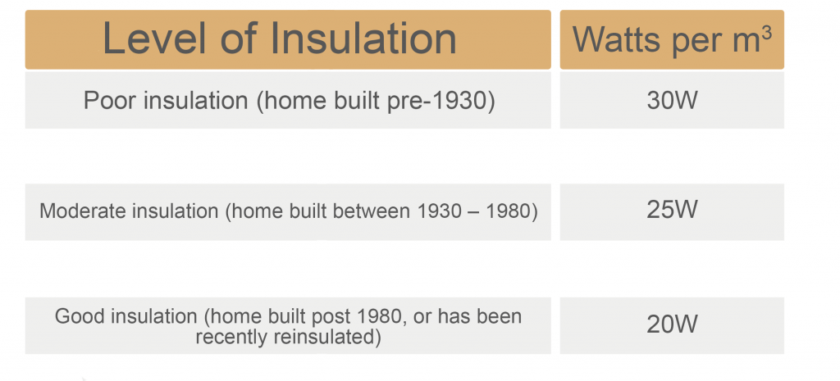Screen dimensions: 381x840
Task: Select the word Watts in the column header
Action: (614, 39)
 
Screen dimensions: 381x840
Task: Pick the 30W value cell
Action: (672, 100)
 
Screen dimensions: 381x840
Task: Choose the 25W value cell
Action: (672, 211)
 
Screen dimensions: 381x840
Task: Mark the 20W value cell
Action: (672, 324)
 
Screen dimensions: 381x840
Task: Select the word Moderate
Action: (73, 211)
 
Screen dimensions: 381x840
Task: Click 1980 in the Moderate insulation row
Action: (512, 211)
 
